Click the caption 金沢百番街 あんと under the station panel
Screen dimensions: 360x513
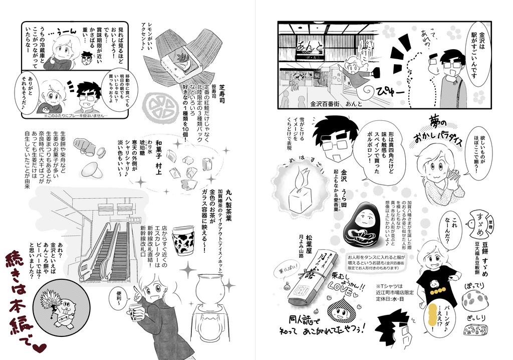[x=331, y=104]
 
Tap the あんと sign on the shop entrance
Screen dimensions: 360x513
[x=316, y=50]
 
